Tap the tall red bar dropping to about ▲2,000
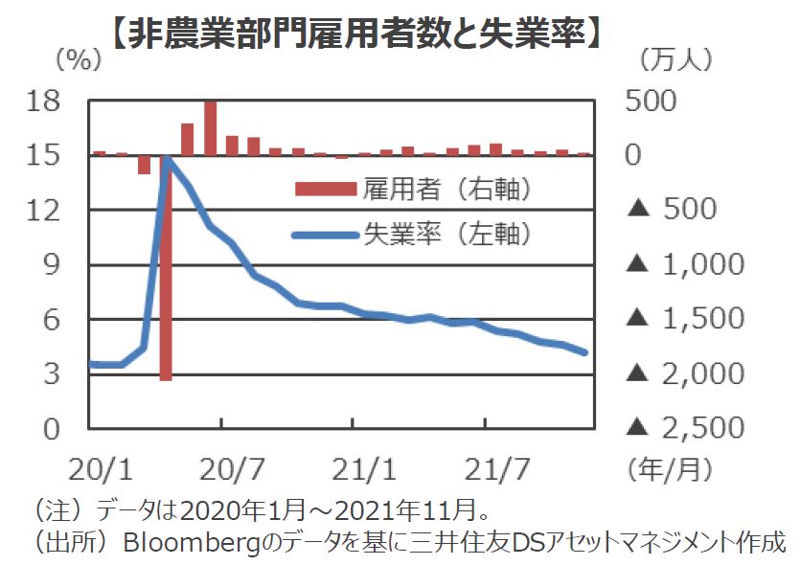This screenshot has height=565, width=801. coord(166,268)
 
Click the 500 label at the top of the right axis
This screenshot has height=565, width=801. coord(650,100)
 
